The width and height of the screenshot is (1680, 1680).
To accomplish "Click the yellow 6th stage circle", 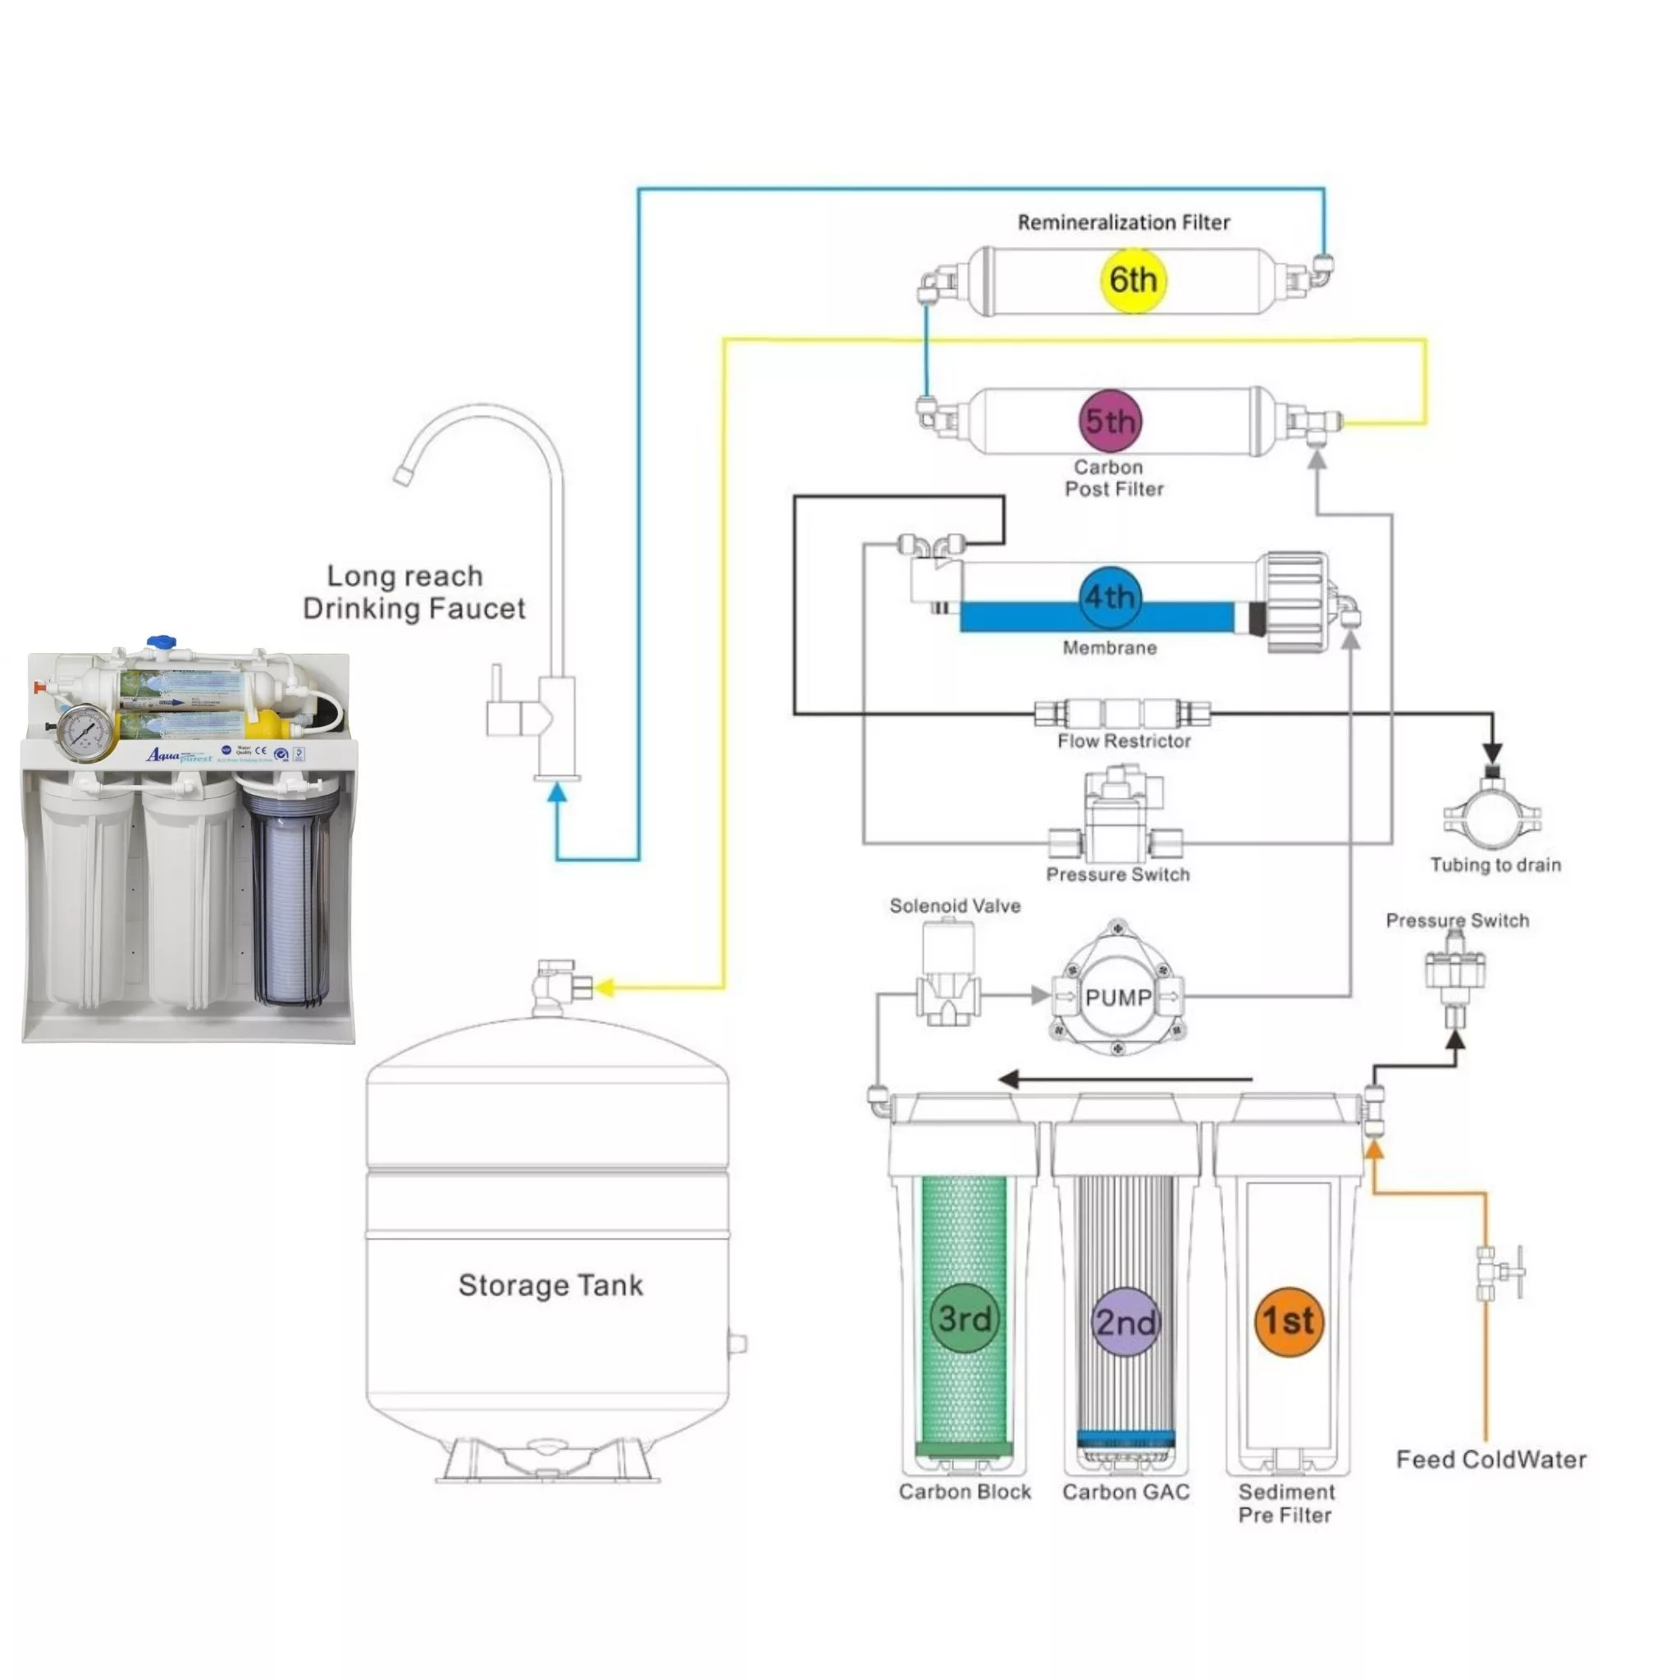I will (1132, 280).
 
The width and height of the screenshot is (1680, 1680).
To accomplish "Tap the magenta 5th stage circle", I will (1111, 421).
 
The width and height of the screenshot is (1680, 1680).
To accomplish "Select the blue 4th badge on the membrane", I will (1110, 596).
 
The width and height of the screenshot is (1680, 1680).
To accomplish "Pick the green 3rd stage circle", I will (965, 1317).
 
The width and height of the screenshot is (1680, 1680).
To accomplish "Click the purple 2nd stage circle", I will (1126, 1322).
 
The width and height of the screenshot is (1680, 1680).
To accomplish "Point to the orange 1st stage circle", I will (1289, 1321).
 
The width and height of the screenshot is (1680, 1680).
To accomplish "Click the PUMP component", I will (1118, 997).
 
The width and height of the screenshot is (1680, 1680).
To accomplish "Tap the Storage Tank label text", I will (550, 1285).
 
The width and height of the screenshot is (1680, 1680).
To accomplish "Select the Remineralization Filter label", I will (1124, 222).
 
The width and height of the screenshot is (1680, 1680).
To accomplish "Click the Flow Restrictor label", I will (1124, 741).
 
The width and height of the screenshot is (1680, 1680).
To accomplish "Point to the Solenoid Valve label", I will (955, 906).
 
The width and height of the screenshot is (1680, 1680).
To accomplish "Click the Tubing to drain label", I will (1495, 865).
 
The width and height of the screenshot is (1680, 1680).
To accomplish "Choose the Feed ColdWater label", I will (1491, 1459).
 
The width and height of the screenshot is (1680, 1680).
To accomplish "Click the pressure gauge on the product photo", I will (84, 733).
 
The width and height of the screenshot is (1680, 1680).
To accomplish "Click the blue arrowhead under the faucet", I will (556, 792).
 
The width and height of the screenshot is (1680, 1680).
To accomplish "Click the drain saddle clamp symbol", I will (1492, 813).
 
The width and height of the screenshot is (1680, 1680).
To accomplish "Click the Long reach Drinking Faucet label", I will (413, 592).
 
